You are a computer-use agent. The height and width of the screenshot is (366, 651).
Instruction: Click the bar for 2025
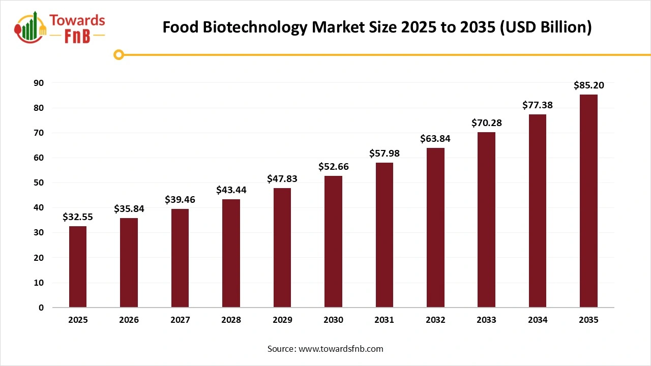[x=78, y=267]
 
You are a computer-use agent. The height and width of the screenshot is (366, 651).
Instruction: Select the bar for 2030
[x=333, y=241]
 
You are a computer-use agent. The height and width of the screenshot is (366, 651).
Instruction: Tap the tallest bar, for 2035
[x=588, y=201]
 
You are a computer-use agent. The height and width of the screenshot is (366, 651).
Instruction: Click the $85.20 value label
[x=588, y=85]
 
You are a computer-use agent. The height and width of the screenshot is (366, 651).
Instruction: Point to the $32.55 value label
[x=78, y=217]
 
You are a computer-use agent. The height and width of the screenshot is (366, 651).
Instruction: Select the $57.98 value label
[x=384, y=154]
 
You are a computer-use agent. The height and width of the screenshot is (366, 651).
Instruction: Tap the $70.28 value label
[x=487, y=123]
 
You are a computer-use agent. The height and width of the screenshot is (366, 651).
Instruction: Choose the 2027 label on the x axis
[x=180, y=320]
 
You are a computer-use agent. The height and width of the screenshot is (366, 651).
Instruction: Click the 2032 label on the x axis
[x=435, y=320]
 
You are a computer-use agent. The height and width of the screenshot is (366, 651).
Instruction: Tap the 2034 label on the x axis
[x=538, y=320]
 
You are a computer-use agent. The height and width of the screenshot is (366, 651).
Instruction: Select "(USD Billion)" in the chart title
[x=546, y=27]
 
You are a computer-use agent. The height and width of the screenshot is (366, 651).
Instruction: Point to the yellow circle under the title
[x=119, y=54]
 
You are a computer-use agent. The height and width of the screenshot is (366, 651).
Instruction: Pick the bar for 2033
[x=487, y=220]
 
